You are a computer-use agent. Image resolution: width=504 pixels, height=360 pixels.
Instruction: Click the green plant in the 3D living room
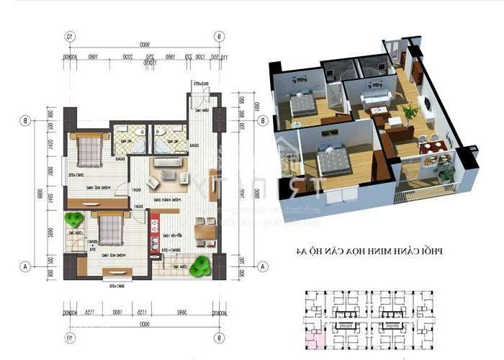click(x=410, y=112)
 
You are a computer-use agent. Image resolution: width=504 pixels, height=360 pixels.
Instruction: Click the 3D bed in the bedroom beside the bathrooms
click(x=301, y=106)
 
